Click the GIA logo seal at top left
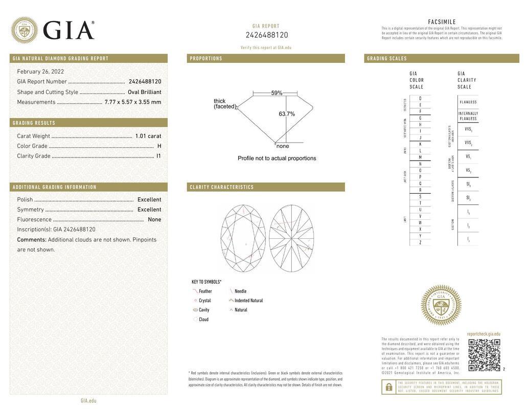24,30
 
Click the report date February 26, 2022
40,72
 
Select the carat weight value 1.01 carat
148,136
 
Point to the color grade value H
159,146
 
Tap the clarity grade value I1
158,156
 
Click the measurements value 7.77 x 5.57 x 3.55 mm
132,102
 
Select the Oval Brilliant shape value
144,92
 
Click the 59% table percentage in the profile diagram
277,93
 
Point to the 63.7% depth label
287,114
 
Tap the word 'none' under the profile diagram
283,146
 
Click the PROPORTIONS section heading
206,58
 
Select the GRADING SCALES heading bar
441,58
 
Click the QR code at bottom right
484,355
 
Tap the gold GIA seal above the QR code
441,305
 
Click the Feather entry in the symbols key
205,291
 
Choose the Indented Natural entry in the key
248,301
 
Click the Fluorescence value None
154,220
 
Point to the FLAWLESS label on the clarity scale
468,102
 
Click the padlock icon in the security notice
388,387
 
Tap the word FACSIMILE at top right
442,22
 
